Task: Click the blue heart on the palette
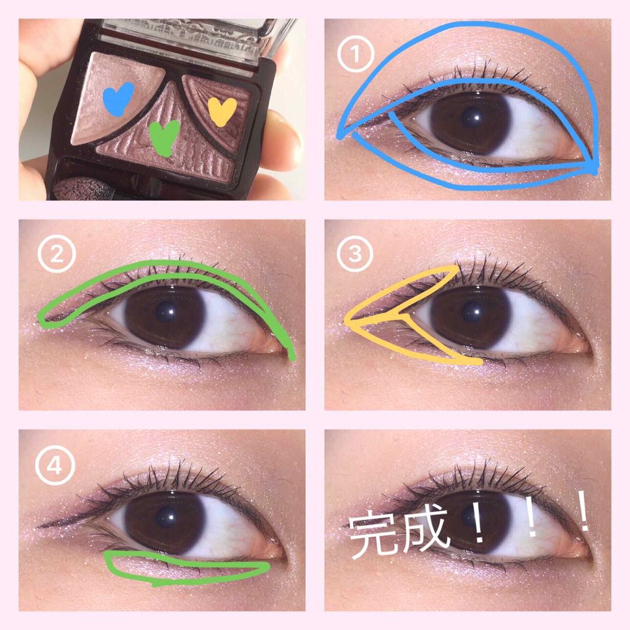coord(118,98)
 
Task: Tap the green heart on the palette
coord(164,134)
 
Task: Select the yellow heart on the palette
coord(222,110)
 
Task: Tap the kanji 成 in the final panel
coord(422,530)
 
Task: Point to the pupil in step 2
coord(165,313)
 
